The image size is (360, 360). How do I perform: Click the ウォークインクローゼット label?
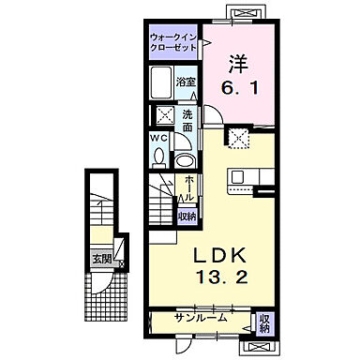[174, 41]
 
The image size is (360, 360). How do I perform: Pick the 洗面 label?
[188, 120]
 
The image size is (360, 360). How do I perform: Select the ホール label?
[188, 189]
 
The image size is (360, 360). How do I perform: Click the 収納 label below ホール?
[187, 216]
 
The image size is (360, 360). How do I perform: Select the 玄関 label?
[99, 259]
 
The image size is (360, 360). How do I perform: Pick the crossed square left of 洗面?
[163, 116]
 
